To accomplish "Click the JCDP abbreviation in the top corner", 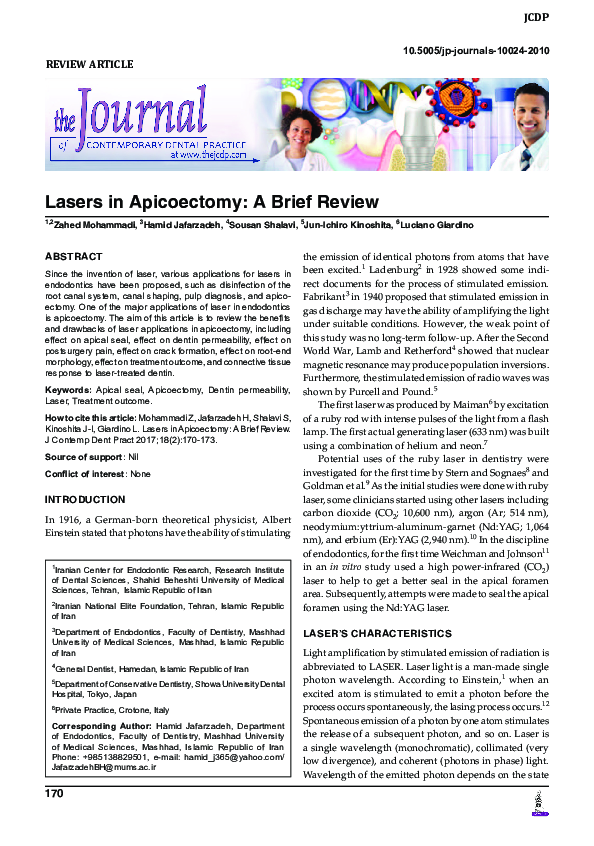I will coord(562,18).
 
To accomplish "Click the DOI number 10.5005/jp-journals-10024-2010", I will coord(488,51).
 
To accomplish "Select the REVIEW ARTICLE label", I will coord(90,65).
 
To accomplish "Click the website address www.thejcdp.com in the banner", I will coord(209,156).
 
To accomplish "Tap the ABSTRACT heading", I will coord(73,257).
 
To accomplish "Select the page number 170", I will coord(54,793).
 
